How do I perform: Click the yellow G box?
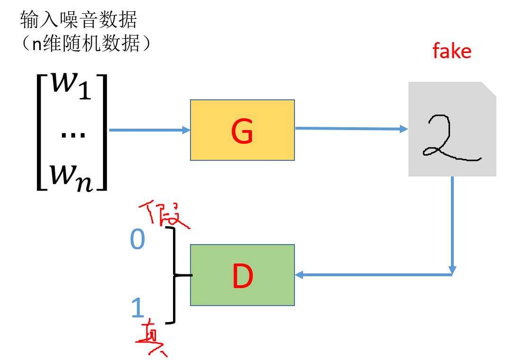[243, 130]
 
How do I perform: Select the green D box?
[243, 275]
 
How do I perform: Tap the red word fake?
[452, 51]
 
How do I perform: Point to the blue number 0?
[138, 239]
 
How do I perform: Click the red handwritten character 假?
[164, 214]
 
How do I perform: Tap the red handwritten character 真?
[151, 339]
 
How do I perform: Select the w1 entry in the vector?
[71, 86]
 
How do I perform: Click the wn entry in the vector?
[71, 178]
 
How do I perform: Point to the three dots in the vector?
[73, 135]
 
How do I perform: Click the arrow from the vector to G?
[149, 130]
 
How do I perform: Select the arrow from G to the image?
[351, 129]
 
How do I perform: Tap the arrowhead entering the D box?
[299, 275]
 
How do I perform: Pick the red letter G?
[242, 131]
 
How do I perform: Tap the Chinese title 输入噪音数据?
[78, 19]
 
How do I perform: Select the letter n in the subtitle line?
[37, 44]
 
